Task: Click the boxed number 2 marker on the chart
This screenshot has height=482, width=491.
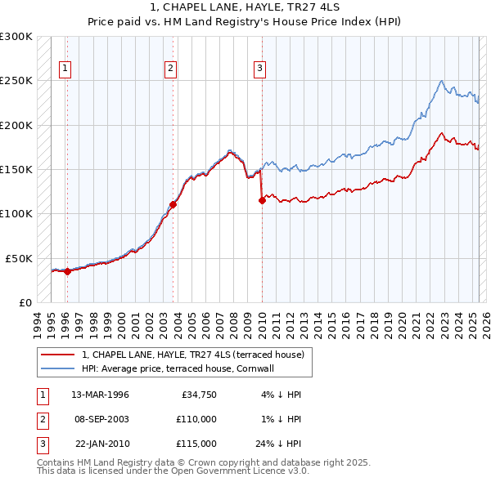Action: click(171, 69)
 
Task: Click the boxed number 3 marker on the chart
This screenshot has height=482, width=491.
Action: click(259, 69)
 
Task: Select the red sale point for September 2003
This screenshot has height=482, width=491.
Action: click(173, 204)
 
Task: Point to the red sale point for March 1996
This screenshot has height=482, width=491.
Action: click(67, 272)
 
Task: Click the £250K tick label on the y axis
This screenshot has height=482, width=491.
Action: click(16, 81)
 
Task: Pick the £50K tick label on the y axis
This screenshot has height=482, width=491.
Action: click(19, 258)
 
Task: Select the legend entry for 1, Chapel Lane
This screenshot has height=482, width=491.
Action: click(193, 355)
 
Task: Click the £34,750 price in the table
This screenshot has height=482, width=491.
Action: click(198, 395)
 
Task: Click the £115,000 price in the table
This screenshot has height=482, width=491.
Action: click(196, 444)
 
